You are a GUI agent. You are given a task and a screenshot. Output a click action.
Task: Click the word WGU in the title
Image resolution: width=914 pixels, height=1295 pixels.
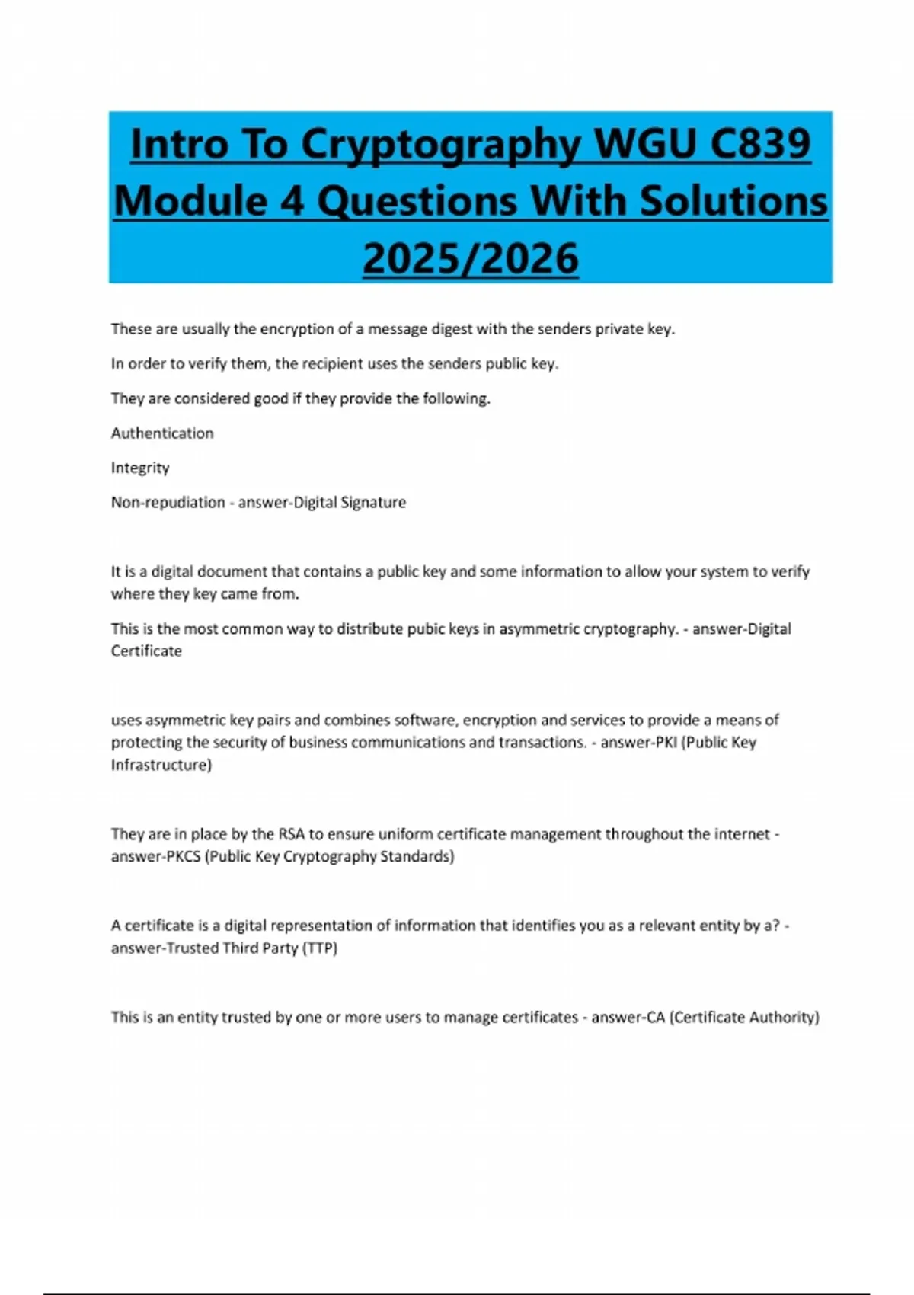tap(644, 143)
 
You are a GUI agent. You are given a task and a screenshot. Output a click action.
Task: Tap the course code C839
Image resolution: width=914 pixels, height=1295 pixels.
tap(759, 143)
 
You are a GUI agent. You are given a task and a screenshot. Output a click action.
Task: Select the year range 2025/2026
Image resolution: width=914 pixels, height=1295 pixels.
tap(471, 258)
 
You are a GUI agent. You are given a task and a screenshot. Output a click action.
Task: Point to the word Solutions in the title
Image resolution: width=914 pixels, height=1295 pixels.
tap(733, 201)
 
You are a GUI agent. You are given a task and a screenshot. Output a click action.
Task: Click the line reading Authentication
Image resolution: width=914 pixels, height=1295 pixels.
tap(162, 433)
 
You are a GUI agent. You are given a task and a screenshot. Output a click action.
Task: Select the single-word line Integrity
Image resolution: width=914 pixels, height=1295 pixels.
tap(140, 468)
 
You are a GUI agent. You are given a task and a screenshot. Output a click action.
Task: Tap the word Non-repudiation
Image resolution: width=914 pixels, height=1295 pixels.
tap(168, 503)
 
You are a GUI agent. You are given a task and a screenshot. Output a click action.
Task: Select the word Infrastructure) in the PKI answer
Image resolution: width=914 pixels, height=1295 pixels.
tap(161, 765)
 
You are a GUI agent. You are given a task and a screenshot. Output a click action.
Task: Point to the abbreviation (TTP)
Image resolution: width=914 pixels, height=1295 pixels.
tap(320, 948)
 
